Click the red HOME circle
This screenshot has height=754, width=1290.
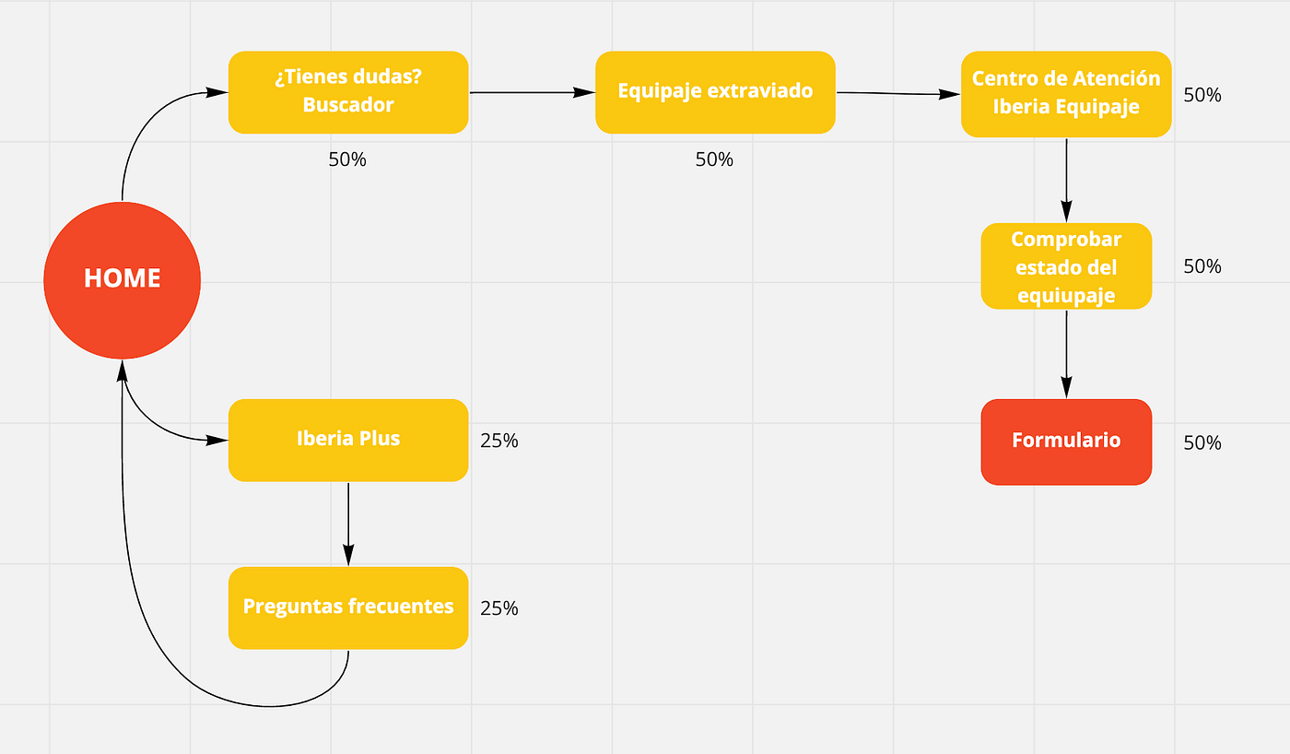[x=122, y=280]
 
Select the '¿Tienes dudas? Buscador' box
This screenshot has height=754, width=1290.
[x=348, y=92]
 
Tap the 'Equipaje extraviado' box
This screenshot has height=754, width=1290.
[x=715, y=92]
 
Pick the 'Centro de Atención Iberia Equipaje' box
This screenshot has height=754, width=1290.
[x=1066, y=94]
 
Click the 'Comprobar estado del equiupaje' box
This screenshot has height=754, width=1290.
[x=1066, y=266]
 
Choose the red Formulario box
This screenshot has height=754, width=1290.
[x=1066, y=442]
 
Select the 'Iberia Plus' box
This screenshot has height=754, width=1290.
[x=348, y=440]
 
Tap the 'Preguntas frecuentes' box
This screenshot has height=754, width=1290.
[x=348, y=607]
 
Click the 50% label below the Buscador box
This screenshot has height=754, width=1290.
[x=347, y=159]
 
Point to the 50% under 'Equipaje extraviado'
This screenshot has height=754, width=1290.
[x=714, y=159]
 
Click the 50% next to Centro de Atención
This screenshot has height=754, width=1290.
[x=1202, y=95]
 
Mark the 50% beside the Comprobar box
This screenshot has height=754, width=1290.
[x=1202, y=266]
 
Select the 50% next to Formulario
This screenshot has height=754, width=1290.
[x=1202, y=443]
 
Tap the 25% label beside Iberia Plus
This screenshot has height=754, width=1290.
[x=499, y=441]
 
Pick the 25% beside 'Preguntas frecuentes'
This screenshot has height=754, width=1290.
[x=499, y=608]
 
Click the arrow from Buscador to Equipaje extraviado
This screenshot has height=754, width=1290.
[x=533, y=92]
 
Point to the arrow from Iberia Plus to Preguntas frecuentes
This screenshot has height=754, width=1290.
[x=348, y=524]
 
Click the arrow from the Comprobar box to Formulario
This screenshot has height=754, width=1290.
[x=1067, y=354]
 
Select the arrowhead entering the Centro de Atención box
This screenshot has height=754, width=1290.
[x=950, y=94]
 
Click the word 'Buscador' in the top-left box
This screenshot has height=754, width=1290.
[x=348, y=105]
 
